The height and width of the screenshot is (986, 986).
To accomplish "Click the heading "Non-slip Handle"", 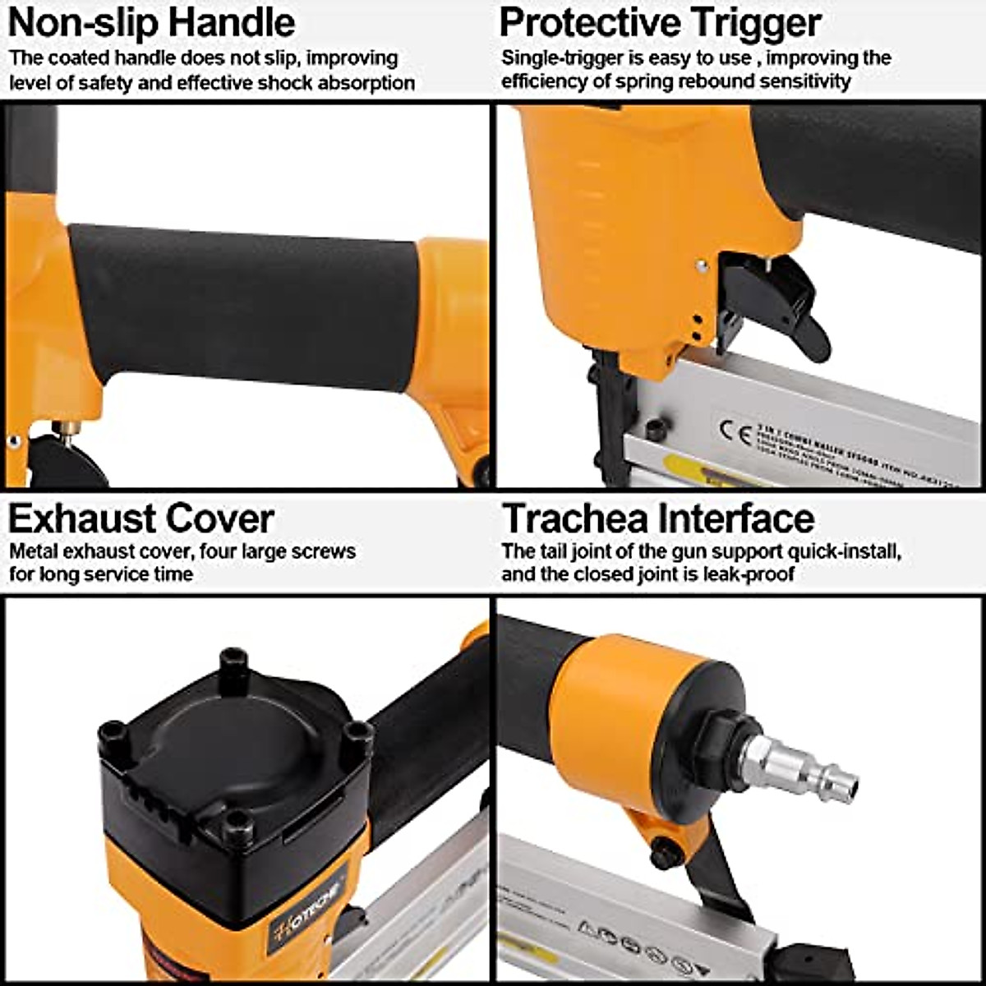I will click(151, 22).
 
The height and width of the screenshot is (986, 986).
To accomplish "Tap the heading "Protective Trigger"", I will click(660, 22).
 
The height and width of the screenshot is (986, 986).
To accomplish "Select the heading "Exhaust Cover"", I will click(141, 518).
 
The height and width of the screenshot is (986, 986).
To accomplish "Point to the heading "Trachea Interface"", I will click(657, 518).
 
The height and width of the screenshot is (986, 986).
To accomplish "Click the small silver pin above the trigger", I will click(701, 265).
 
